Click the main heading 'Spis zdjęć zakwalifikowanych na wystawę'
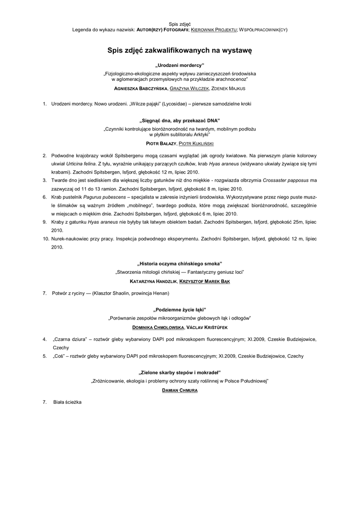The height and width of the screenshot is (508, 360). pyautogui.click(x=180, y=50)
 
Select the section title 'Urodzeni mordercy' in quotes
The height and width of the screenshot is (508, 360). pyautogui.click(x=180, y=65)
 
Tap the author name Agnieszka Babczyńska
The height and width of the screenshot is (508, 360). pyautogui.click(x=141, y=88)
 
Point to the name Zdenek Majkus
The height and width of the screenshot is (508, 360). pyautogui.click(x=228, y=88)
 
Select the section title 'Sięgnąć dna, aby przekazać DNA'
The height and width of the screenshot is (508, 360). pyautogui.click(x=180, y=121)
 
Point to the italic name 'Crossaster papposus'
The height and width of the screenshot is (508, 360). pyautogui.click(x=288, y=180)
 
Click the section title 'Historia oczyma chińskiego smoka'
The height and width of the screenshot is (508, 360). pyautogui.click(x=180, y=263)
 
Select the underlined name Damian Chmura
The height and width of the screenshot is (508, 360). pyautogui.click(x=180, y=390)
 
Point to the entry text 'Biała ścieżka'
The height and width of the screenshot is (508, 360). pyautogui.click(x=67, y=402)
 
